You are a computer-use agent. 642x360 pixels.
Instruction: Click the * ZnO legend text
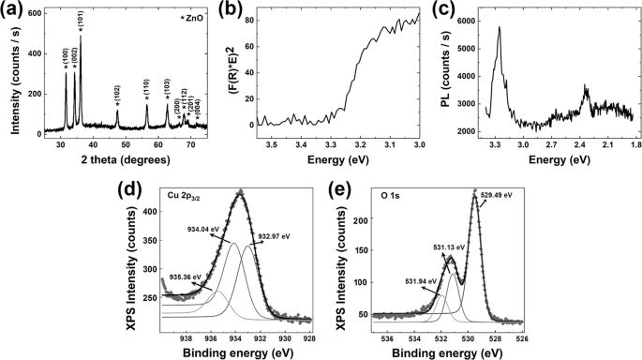191,20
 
